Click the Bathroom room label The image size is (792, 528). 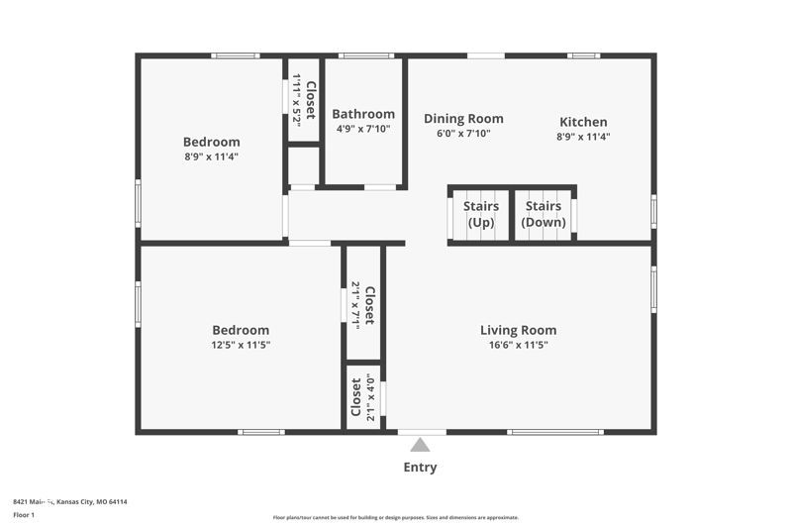click(363, 114)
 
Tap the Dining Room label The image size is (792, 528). click(463, 119)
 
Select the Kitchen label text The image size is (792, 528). click(583, 122)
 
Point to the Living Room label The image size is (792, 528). click(518, 330)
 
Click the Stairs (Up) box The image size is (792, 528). click(480, 214)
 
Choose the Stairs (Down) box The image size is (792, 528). click(544, 214)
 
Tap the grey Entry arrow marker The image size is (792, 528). click(422, 444)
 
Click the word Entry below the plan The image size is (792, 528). click(420, 468)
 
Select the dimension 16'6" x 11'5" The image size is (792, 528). click(518, 345)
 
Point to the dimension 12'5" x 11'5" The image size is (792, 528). click(241, 345)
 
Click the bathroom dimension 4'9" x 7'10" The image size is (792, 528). click(363, 129)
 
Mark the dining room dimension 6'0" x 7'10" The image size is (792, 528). click(463, 133)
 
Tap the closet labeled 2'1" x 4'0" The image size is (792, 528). click(363, 398)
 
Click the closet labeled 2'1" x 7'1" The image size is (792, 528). click(363, 304)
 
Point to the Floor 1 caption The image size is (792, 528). click(24, 515)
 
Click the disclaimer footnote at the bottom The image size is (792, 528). click(395, 517)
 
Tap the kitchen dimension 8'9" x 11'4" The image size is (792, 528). click(583, 137)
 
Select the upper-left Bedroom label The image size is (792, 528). click(211, 142)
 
